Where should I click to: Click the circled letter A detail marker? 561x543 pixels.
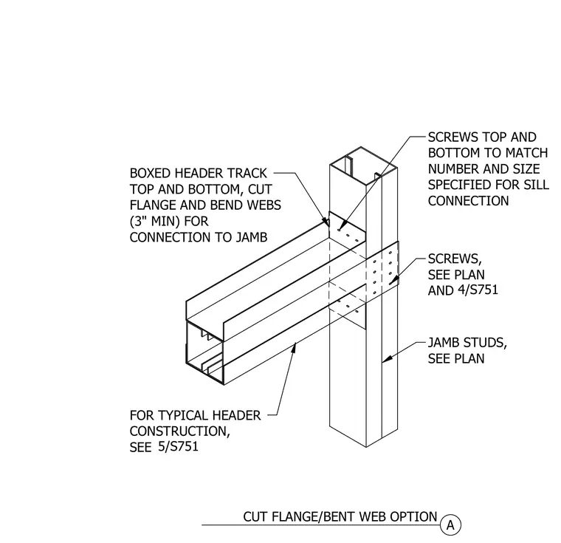450,525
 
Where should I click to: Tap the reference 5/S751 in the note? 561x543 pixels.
178,447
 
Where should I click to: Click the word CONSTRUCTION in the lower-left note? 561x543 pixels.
179,431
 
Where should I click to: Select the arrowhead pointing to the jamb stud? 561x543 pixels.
386,358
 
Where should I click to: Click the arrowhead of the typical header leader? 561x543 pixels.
294,346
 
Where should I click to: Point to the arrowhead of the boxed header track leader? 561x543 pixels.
327,222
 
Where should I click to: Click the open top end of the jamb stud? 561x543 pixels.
362,165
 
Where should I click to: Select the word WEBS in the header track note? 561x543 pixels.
264,205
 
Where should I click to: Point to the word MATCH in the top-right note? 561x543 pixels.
527,153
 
